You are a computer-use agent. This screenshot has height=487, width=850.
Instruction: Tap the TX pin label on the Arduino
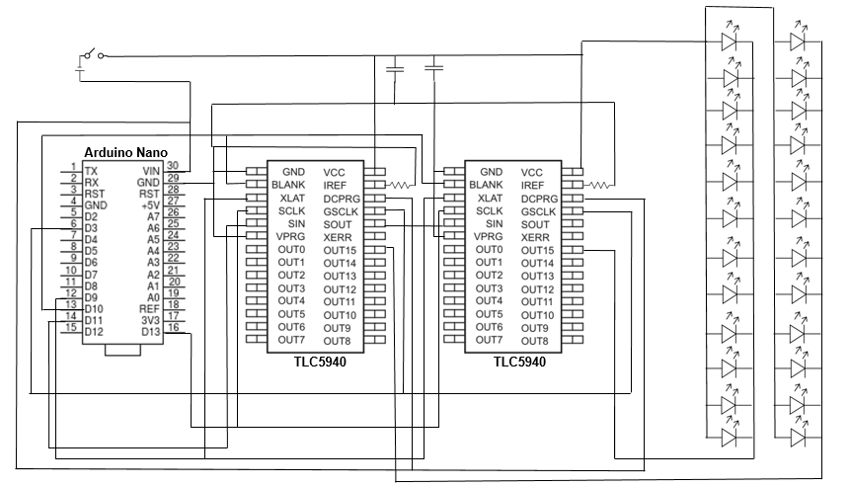click(91, 170)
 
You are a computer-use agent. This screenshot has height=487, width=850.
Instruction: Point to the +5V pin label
click(149, 204)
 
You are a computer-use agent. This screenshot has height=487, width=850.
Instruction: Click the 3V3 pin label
click(149, 318)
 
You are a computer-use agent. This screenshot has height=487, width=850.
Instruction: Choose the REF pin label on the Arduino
click(149, 307)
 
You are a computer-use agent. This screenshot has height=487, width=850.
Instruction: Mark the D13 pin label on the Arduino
click(149, 330)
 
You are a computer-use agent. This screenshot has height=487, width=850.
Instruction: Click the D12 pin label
click(93, 332)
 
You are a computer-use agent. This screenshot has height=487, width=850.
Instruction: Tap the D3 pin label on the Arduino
click(91, 227)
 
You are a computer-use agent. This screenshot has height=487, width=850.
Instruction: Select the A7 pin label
click(152, 216)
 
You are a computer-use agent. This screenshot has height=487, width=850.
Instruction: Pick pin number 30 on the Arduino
click(172, 165)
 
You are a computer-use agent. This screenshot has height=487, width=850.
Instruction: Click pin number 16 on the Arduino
click(172, 326)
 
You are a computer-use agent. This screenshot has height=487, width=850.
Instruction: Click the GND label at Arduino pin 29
click(148, 182)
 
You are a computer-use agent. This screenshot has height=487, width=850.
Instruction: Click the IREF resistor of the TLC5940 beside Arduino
click(401, 185)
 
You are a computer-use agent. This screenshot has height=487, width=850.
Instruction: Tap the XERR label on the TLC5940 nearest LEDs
click(534, 237)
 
